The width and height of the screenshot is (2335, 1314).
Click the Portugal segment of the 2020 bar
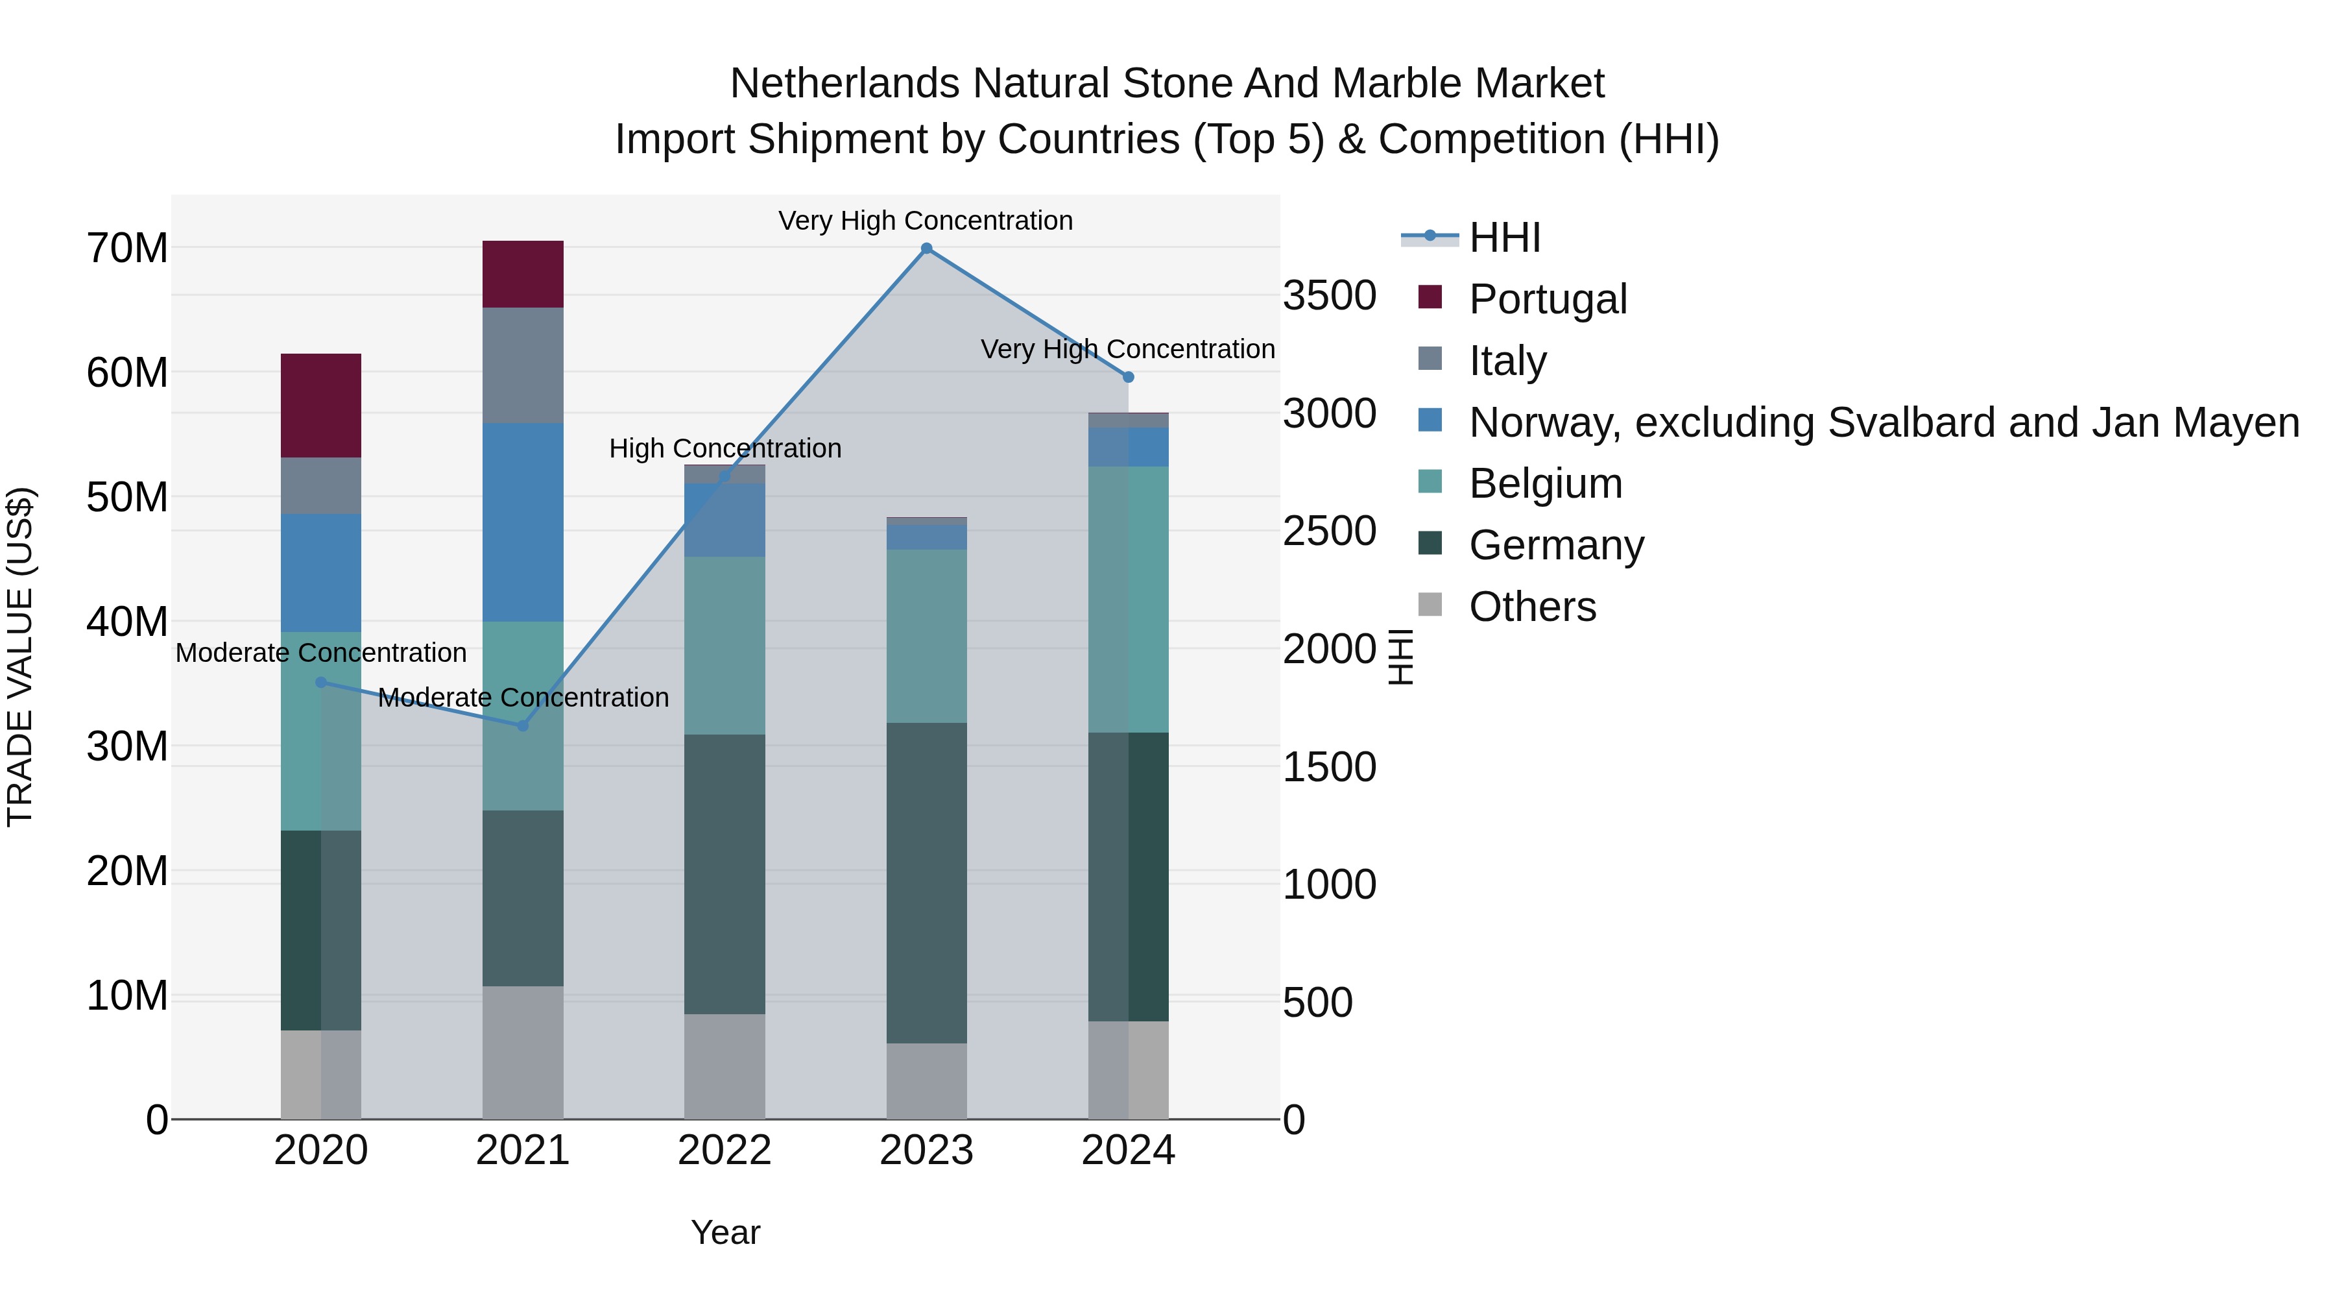(321, 406)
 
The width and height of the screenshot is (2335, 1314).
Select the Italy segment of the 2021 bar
(523, 365)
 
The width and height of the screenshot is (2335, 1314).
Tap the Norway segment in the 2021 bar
(523, 522)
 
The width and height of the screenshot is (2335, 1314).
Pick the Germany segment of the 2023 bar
(926, 882)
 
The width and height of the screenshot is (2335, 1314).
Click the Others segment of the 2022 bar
(724, 1066)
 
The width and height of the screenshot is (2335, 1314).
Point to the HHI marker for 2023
(926, 249)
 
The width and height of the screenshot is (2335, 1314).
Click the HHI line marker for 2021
(522, 725)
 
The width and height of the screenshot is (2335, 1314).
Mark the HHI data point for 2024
(1129, 377)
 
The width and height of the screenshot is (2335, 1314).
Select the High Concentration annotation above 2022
(725, 449)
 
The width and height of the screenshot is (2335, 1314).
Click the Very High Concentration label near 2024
(1128, 349)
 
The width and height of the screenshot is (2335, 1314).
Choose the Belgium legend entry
(1546, 483)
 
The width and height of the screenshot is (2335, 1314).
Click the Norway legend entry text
(1884, 422)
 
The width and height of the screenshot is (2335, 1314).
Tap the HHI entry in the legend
(1505, 237)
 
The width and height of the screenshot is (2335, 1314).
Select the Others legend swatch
(1430, 605)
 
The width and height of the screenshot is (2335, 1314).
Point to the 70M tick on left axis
(127, 249)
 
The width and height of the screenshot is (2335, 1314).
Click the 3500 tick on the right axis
(1329, 297)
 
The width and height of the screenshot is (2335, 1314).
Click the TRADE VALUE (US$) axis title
(20, 657)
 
